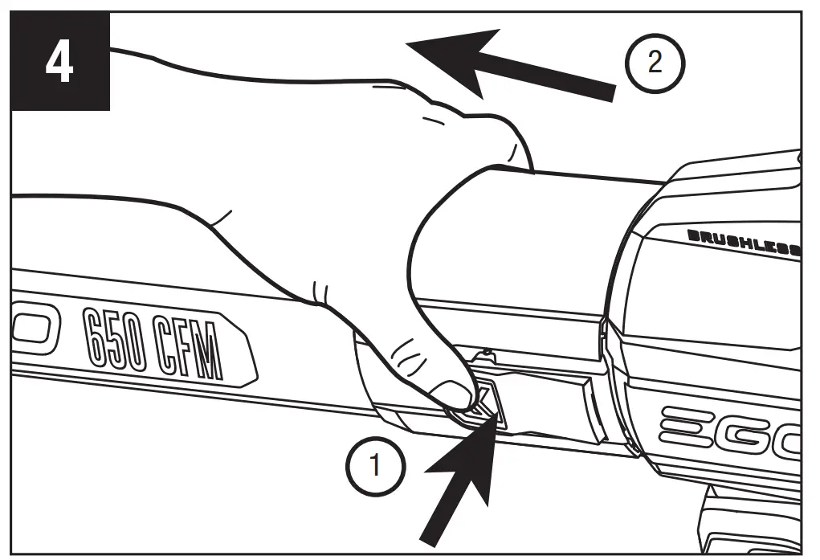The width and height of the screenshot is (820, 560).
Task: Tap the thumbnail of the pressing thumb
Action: tap(451, 394)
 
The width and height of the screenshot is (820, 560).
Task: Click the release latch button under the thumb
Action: tap(485, 402)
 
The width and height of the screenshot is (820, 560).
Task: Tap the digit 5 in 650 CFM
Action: tap(119, 343)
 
